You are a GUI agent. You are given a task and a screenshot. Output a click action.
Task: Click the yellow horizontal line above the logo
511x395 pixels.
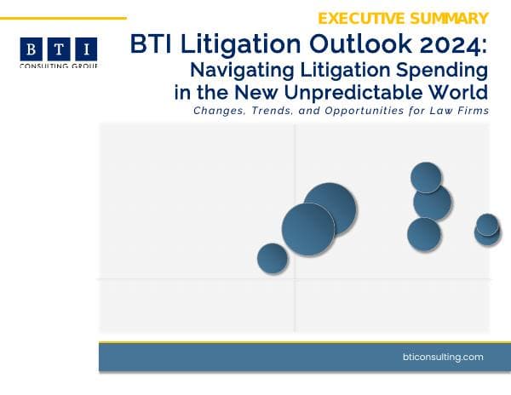click(x=63, y=17)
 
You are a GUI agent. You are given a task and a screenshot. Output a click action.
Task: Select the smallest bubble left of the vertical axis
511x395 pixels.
click(x=273, y=259)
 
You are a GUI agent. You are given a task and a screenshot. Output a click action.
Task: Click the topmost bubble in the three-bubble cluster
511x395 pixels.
click(x=426, y=177)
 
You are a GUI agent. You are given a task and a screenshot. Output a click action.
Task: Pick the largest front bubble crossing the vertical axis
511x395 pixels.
click(x=308, y=229)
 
